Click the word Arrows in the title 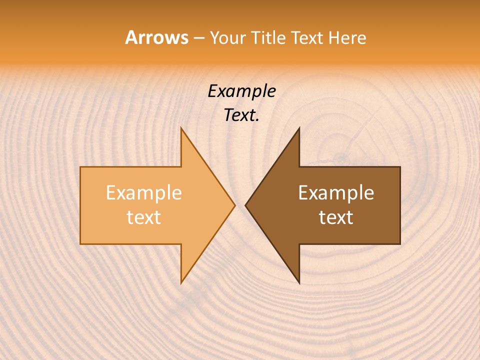(156, 37)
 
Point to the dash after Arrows (198, 38)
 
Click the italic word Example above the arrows (242, 91)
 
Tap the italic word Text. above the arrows (242, 115)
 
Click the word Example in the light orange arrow (144, 193)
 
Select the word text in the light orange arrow (144, 217)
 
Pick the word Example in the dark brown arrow (336, 193)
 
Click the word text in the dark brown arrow (336, 217)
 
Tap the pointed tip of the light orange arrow (234, 205)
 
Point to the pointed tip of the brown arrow (246, 205)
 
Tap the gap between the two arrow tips (240, 205)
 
